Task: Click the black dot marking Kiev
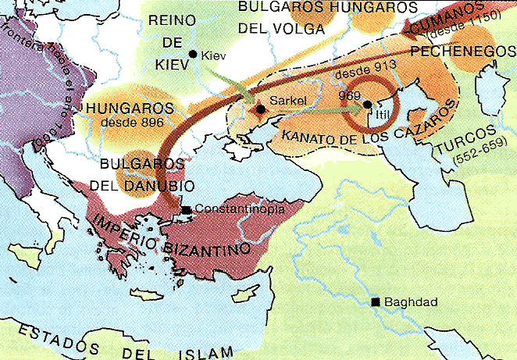[194, 53]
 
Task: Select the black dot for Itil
[367, 104]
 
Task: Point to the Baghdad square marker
[376, 302]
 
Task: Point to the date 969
[339, 93]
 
